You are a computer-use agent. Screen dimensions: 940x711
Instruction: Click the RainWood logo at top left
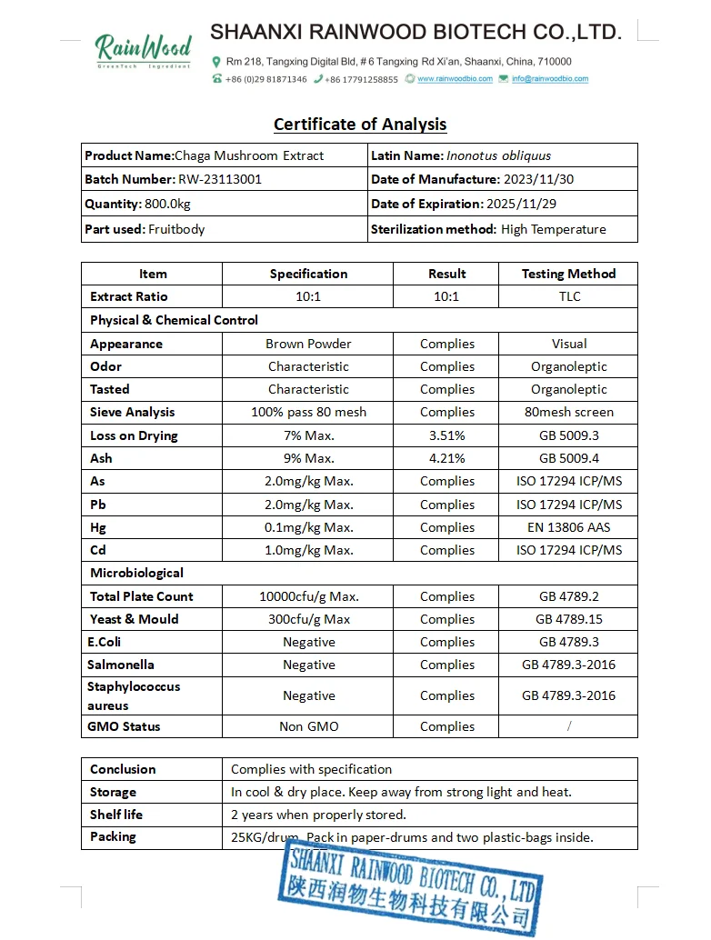(144, 49)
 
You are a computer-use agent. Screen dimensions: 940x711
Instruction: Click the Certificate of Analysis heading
(360, 125)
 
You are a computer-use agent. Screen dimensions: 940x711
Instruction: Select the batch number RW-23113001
(220, 179)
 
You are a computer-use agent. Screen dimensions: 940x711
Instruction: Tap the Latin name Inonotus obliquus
(498, 155)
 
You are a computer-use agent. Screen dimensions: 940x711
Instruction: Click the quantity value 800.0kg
(167, 204)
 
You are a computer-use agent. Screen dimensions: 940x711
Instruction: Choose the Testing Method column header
(568, 274)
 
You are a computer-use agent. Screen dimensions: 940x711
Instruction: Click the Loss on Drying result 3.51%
(446, 435)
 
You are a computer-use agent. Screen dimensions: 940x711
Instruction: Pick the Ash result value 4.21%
(446, 458)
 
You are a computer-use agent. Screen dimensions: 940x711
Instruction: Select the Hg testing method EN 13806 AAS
(569, 527)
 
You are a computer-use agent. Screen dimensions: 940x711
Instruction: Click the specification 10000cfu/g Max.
(308, 596)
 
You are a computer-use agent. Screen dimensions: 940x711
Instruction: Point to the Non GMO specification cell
(308, 726)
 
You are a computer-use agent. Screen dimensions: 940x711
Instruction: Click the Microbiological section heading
(136, 573)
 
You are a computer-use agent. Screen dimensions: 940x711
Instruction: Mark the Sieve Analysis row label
(132, 412)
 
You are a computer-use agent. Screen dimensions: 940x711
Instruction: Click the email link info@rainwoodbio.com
(549, 79)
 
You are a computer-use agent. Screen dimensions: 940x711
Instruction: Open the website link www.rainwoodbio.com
(455, 79)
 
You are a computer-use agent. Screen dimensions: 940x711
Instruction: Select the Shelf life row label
(116, 815)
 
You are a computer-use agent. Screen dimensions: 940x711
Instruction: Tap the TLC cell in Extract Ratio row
(569, 296)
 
